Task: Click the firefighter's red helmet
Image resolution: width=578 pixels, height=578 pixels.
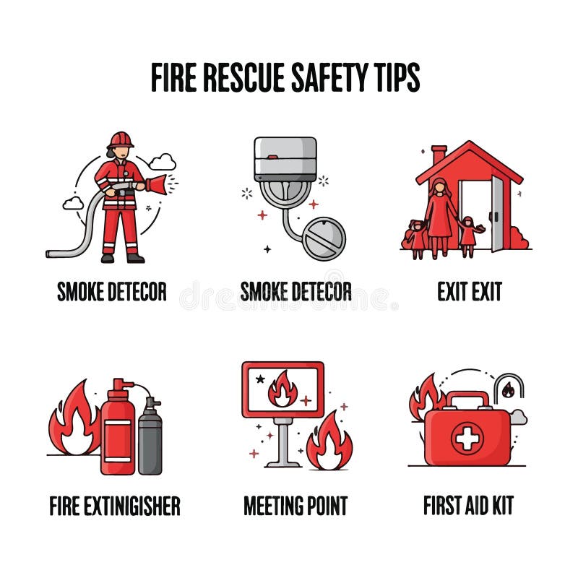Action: pos(120,139)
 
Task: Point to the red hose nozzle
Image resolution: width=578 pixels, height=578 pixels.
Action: pos(156,184)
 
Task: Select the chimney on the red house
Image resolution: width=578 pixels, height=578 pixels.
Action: pos(439,154)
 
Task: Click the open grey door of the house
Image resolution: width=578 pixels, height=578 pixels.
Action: pos(497,213)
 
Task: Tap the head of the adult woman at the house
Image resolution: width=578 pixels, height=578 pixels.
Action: pos(440,186)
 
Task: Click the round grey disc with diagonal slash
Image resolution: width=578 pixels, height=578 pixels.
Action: pos(324,238)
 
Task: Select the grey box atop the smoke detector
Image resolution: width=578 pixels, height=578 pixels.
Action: pos(285,158)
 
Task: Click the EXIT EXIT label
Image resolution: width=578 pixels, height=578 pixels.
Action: pos(470,291)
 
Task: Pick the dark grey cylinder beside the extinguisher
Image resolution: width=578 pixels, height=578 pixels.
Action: pos(150,436)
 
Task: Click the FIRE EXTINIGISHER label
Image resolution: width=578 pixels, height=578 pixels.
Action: pos(115,505)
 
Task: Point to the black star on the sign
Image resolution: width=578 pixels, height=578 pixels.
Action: pos(260,379)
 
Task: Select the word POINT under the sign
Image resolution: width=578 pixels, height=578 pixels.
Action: pos(325,505)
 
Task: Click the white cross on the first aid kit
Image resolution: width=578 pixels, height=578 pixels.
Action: pos(467,439)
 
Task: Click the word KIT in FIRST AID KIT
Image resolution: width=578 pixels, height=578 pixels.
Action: pos(501,505)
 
